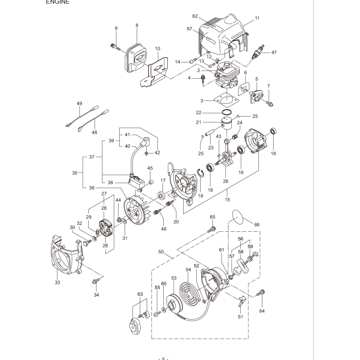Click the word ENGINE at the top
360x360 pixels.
click(58, 2)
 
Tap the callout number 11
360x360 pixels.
click(257, 18)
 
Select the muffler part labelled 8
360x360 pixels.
click(137, 55)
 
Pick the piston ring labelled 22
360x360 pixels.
click(228, 112)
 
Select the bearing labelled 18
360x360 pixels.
click(273, 131)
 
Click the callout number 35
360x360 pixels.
click(75, 172)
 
